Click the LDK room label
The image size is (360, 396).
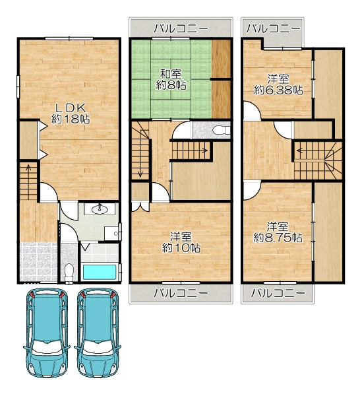click(x=71, y=108)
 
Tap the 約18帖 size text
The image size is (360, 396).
click(x=71, y=119)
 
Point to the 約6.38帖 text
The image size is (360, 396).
click(x=278, y=90)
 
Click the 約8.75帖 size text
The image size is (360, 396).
click(x=278, y=238)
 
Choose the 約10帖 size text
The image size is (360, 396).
click(x=181, y=248)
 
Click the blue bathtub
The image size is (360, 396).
click(x=100, y=272)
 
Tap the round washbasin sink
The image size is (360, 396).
click(x=100, y=209)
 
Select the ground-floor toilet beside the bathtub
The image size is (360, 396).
click(x=69, y=273)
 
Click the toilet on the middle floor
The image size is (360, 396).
click(x=220, y=131)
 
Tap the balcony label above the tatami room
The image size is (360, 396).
click(x=181, y=28)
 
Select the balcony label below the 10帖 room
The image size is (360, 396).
click(x=181, y=293)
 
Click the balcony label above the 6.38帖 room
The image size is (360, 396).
click(x=272, y=28)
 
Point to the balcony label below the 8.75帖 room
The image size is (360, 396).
click(x=278, y=293)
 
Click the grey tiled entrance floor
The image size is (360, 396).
click(x=39, y=261)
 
